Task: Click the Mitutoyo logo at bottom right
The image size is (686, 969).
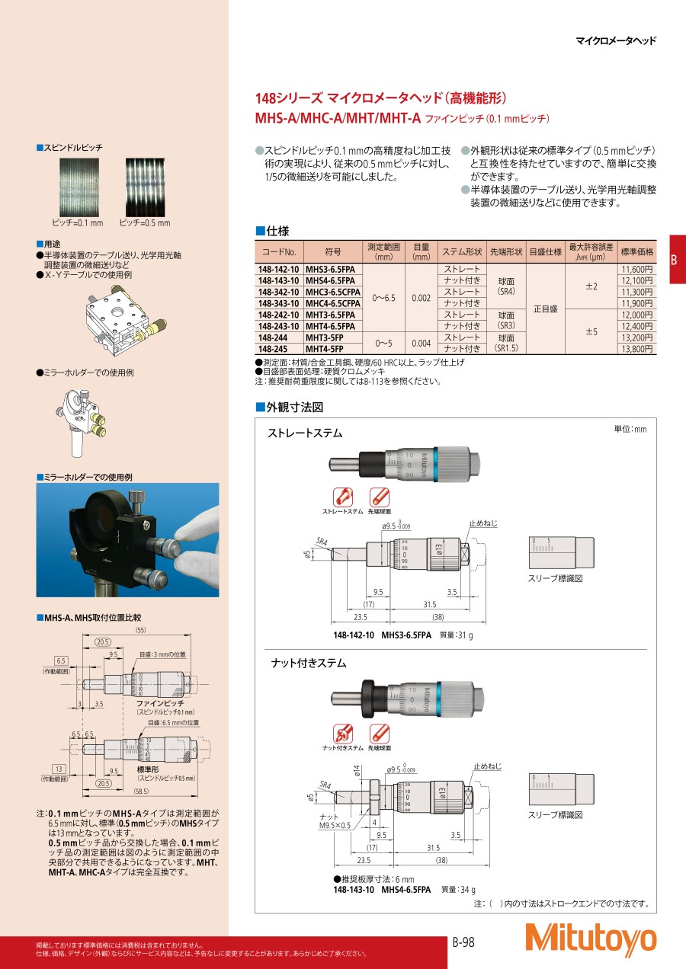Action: click(x=590, y=939)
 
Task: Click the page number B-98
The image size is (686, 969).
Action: click(x=463, y=942)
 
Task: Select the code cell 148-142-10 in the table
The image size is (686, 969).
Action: click(x=279, y=269)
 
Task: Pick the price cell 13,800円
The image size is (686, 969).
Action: click(x=636, y=349)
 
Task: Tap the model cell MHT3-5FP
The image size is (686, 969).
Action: click(x=325, y=337)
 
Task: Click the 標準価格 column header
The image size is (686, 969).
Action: click(x=636, y=251)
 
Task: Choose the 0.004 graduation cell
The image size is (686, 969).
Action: click(x=421, y=343)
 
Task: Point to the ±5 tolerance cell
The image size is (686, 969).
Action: click(x=591, y=331)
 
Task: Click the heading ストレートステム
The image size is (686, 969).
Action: click(x=305, y=433)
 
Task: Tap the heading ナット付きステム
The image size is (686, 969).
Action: click(x=309, y=664)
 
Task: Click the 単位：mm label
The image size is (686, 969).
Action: click(x=630, y=430)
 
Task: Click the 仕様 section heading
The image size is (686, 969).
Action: click(x=272, y=231)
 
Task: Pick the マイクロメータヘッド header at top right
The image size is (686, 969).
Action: click(x=615, y=42)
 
